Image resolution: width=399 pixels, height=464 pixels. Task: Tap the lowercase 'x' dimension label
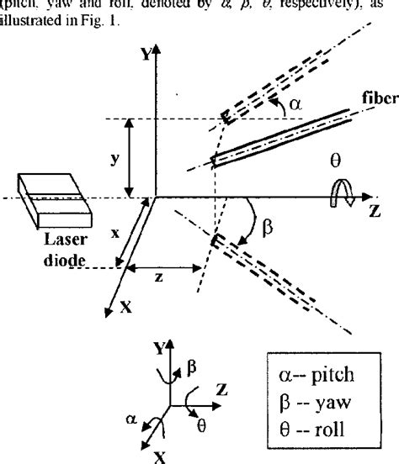tap(114, 236)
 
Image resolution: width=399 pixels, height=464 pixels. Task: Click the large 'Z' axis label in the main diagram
tap(375, 211)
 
